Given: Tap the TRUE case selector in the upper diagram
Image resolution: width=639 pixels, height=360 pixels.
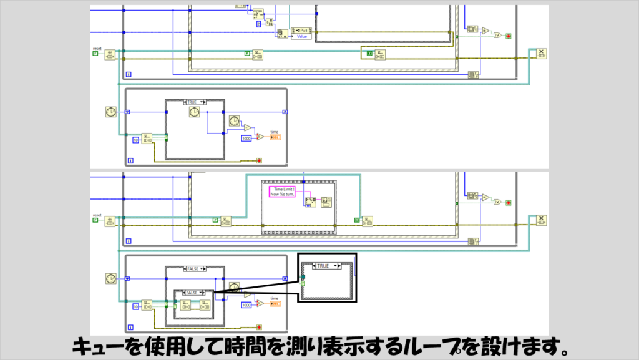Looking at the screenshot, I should [194, 102].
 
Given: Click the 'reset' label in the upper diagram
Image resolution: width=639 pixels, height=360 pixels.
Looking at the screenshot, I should [97, 48].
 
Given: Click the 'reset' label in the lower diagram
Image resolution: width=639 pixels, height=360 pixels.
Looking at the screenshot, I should [97, 215].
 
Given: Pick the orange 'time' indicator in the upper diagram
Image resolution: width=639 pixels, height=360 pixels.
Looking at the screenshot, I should [275, 137].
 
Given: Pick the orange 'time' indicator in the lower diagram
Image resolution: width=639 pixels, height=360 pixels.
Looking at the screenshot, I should [275, 304].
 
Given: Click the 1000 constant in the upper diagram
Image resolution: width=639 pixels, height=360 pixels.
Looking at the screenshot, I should [246, 137].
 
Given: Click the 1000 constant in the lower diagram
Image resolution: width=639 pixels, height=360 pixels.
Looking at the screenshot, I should [246, 304].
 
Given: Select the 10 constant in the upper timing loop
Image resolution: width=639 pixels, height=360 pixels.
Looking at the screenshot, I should [135, 140].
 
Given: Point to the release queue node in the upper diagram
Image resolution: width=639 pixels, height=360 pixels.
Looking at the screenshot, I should [541, 54].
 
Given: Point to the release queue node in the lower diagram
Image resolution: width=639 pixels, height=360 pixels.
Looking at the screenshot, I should [541, 221].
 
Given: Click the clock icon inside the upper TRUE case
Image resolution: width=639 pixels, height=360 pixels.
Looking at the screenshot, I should [193, 112].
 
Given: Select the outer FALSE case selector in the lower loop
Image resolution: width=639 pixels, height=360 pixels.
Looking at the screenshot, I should [194, 269].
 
